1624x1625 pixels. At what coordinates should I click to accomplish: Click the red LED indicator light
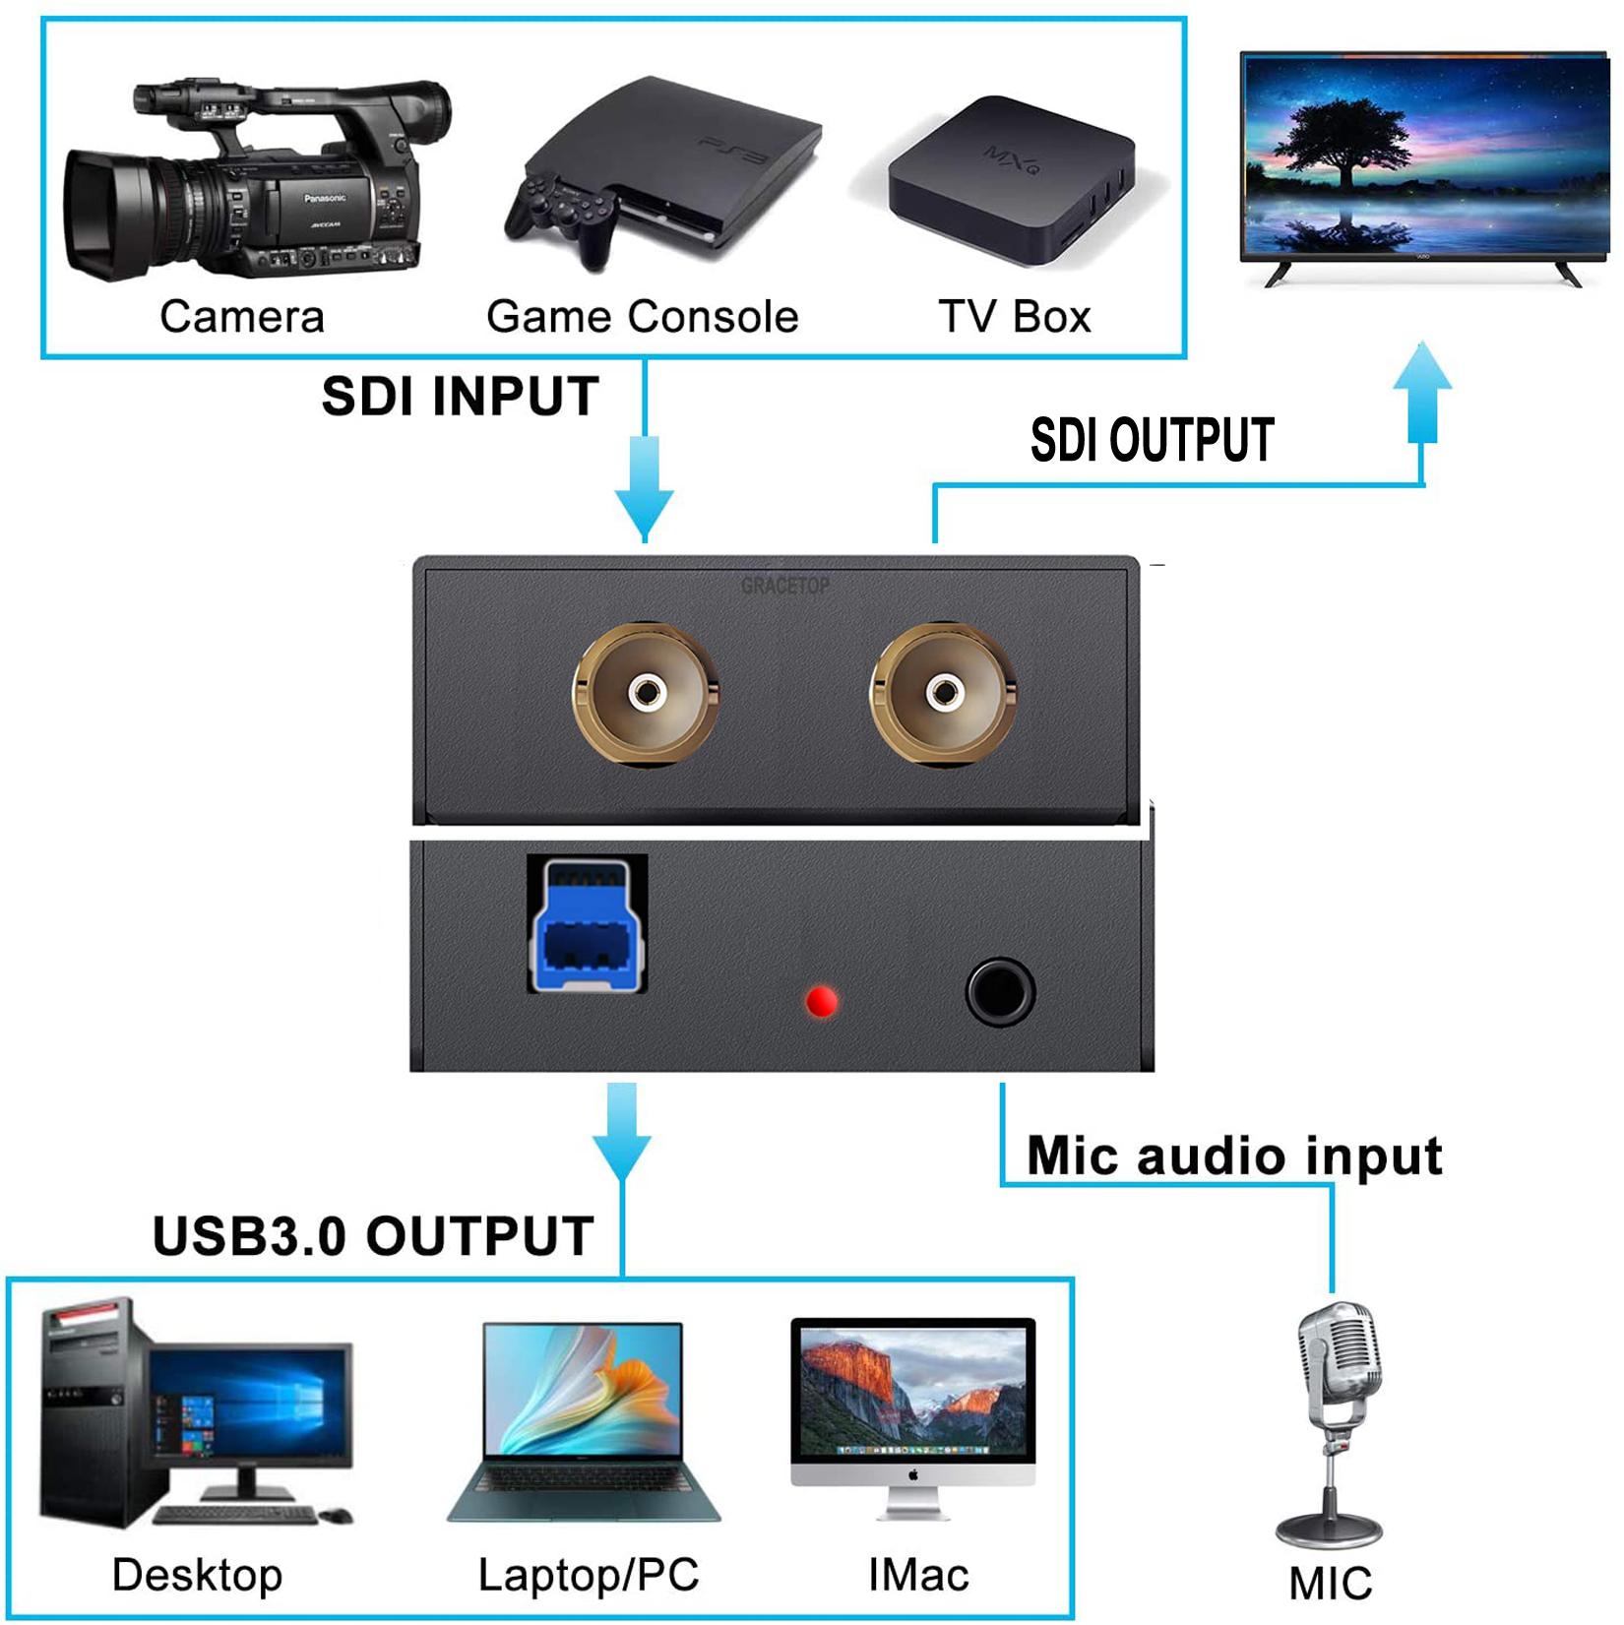coord(821,1002)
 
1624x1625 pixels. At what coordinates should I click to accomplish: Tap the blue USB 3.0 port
coord(588,925)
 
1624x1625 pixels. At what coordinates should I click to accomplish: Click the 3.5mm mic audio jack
coord(1000,991)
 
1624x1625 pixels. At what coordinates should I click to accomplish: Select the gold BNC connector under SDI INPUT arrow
coord(646,694)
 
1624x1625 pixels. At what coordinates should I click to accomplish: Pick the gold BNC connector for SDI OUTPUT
coord(943,694)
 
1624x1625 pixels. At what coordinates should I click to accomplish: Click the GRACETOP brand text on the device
coord(784,587)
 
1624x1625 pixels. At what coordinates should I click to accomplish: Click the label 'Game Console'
coord(642,317)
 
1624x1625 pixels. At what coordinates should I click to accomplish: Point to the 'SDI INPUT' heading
coord(460,397)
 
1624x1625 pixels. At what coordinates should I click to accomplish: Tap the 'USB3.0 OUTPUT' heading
coord(373,1235)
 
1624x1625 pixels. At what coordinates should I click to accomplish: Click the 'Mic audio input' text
coord(1234,1156)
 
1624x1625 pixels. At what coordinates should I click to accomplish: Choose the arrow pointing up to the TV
coord(1422,394)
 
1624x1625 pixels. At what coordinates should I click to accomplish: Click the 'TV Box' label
coord(1015,317)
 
